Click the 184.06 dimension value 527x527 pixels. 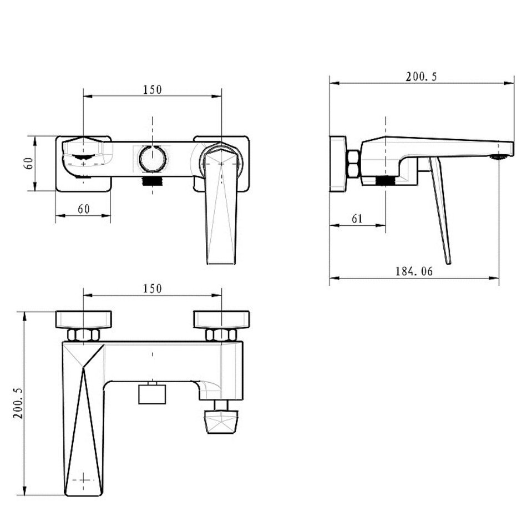[414, 271]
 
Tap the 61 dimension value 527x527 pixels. [357, 219]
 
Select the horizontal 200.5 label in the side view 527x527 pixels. [421, 77]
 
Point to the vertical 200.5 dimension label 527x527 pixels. [18, 403]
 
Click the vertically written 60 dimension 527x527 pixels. [29, 163]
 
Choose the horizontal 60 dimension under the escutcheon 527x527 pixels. [84, 209]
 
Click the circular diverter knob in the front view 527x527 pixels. [153, 159]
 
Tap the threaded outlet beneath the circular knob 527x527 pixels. [153, 181]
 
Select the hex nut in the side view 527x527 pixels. [353, 164]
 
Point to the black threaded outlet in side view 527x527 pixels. [386, 181]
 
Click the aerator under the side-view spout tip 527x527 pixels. [499, 157]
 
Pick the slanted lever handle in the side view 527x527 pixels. [440, 210]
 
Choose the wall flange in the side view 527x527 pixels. [338, 164]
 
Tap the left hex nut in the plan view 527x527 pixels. [83, 335]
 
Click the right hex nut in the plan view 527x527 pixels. [221, 335]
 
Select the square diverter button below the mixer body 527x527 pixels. [152, 394]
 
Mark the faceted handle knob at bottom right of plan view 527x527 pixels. [221, 422]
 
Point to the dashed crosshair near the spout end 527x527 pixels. [83, 480]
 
